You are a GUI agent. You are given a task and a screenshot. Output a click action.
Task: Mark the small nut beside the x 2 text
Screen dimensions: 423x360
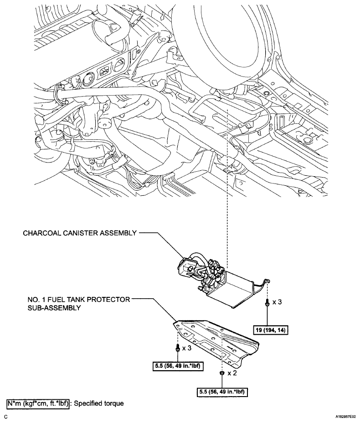pyautogui.click(x=222, y=373)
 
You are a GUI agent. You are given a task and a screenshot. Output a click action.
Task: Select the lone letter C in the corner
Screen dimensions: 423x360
pyautogui.click(x=6, y=416)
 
